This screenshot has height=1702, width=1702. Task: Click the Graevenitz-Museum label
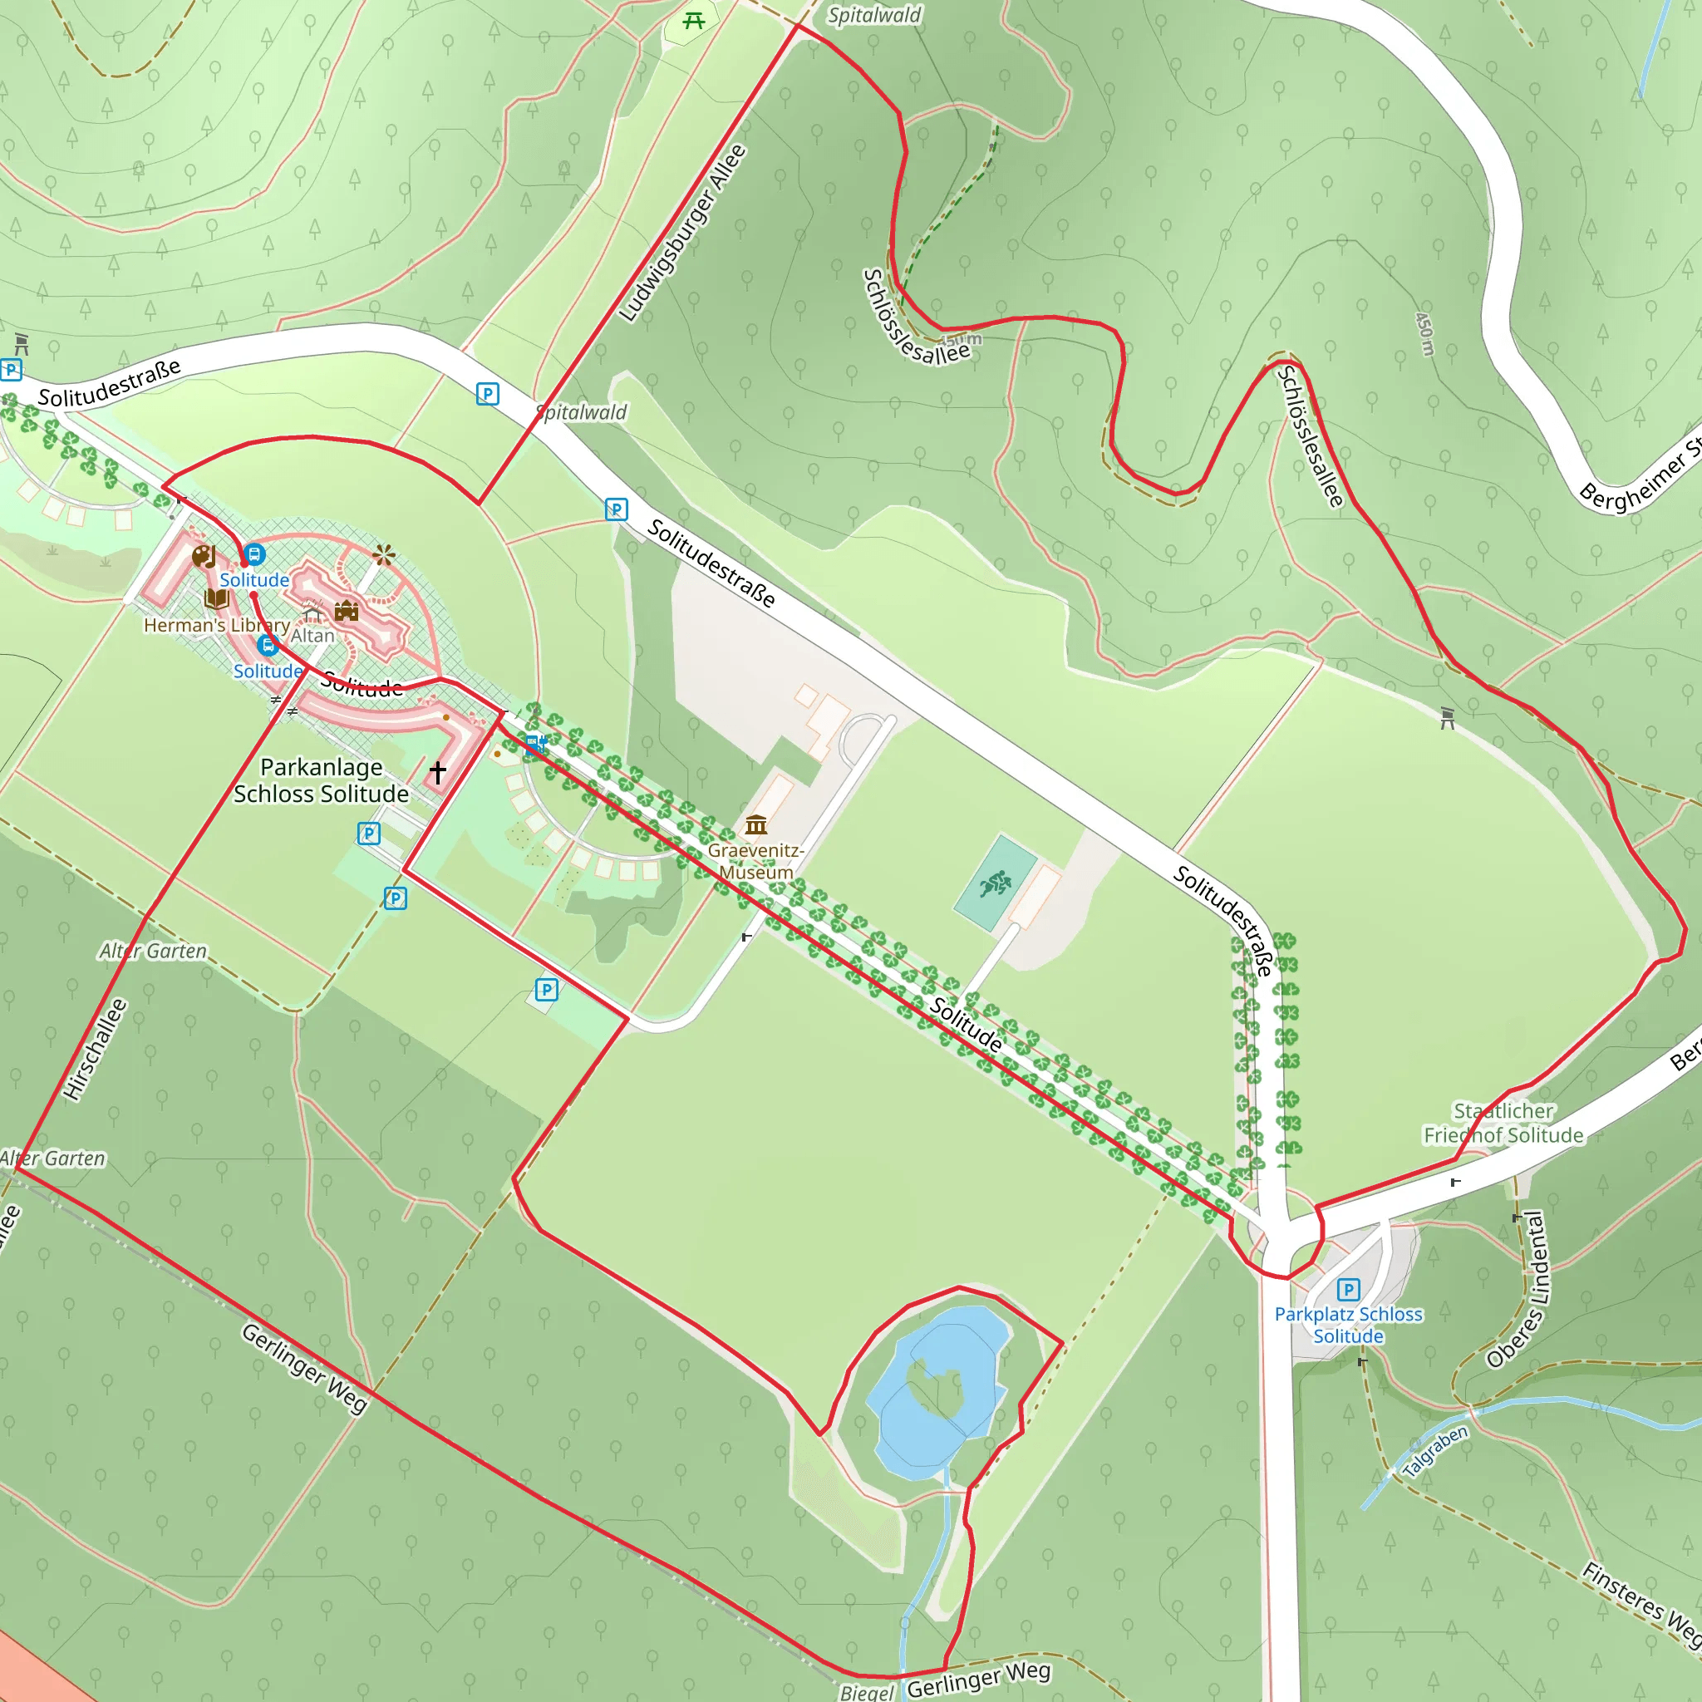(x=756, y=862)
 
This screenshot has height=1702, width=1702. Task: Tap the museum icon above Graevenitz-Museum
(x=756, y=824)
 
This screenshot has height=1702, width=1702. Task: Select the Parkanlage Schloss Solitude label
(x=322, y=780)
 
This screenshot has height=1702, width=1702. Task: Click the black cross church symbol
(x=438, y=773)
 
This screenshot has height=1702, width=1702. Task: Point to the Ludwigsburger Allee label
(x=683, y=234)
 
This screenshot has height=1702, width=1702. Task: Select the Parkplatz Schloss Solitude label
(x=1348, y=1325)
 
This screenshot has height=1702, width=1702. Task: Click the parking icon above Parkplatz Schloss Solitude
(x=1348, y=1290)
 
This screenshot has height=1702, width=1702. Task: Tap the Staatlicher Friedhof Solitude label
(x=1503, y=1124)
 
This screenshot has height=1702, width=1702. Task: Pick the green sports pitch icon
(x=996, y=882)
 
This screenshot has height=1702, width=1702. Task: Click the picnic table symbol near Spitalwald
(x=694, y=20)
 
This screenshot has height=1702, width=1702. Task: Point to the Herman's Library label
(x=217, y=625)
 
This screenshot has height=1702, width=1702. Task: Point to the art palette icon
(x=204, y=556)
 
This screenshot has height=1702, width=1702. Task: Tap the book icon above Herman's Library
(x=217, y=599)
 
